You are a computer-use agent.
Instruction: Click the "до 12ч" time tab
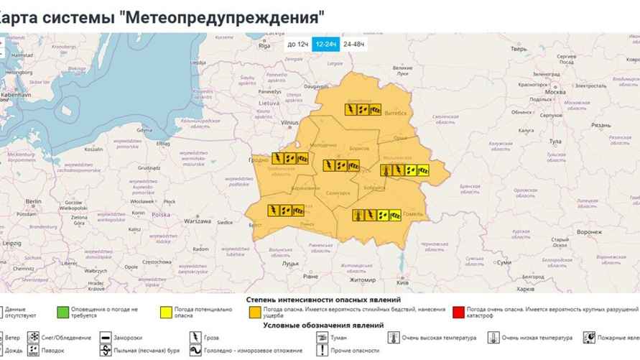298,45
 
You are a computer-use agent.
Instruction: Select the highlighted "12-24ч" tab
326,45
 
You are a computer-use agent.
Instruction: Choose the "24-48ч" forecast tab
353,45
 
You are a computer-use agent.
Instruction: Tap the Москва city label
556,93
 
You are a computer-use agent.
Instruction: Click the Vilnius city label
289,123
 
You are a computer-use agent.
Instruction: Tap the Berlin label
33,203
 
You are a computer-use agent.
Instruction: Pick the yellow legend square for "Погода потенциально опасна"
166,312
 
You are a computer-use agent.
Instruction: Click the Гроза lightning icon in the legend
195,337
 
